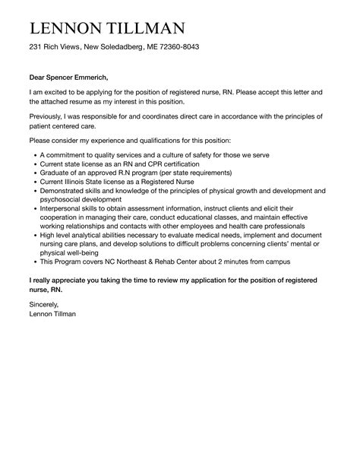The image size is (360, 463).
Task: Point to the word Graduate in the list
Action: pos(55,173)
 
